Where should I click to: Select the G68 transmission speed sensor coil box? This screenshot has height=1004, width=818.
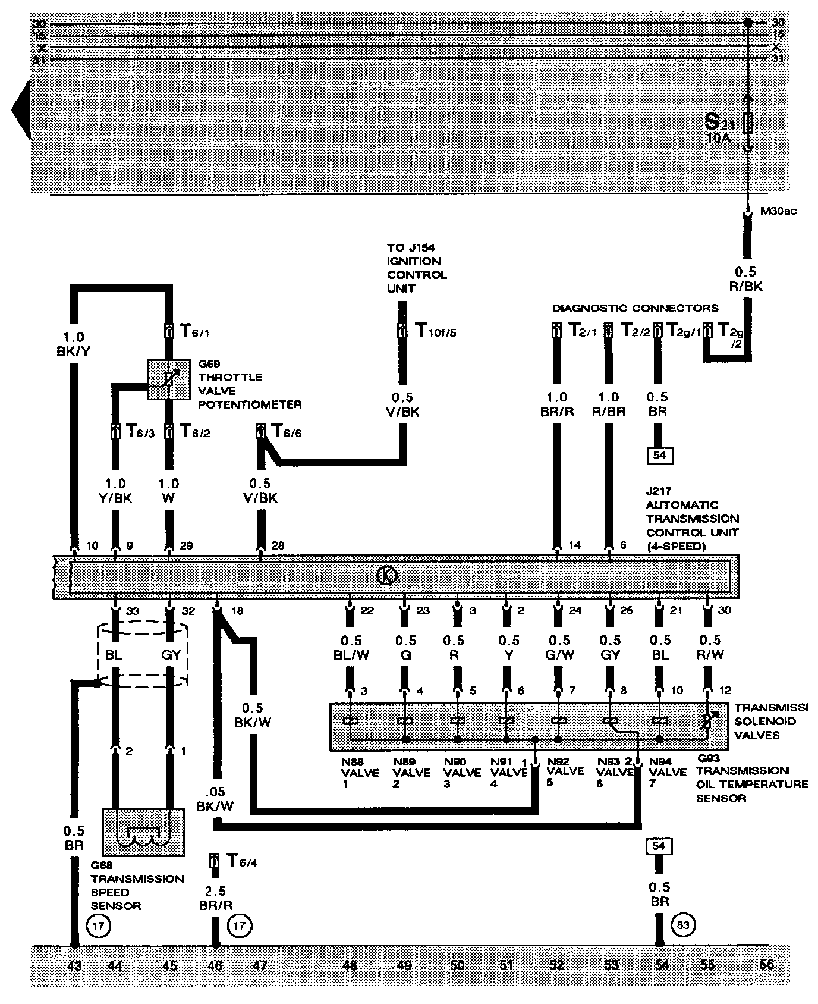[x=143, y=831]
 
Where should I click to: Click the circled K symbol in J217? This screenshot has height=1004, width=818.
[x=387, y=576]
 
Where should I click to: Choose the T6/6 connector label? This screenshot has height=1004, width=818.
[x=286, y=432]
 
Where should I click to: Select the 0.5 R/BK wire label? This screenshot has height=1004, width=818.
[x=745, y=279]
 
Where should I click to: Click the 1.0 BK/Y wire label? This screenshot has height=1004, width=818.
[x=74, y=345]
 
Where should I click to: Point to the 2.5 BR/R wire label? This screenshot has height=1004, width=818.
[x=216, y=898]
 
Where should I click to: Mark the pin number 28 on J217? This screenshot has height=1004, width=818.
[x=278, y=545]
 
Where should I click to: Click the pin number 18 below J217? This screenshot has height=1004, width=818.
[x=237, y=611]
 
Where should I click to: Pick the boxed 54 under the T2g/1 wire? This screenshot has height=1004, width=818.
[x=659, y=456]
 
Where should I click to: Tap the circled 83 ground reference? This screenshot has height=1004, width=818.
[x=683, y=925]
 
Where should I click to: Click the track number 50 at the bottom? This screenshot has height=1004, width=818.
[x=457, y=965]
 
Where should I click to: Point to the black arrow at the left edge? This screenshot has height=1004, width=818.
[x=21, y=110]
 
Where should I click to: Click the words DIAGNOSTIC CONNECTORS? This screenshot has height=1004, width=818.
[x=635, y=308]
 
